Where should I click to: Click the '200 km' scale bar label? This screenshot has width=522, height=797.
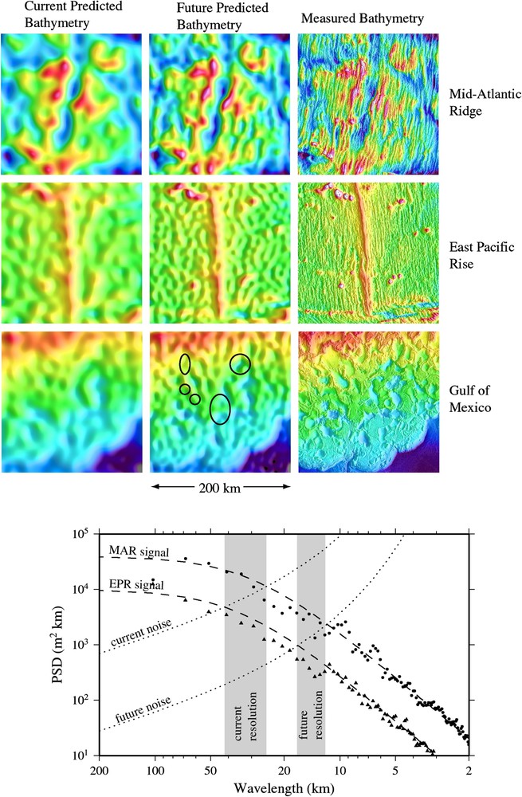point(220,485)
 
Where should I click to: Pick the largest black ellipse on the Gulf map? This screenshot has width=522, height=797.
point(220,409)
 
